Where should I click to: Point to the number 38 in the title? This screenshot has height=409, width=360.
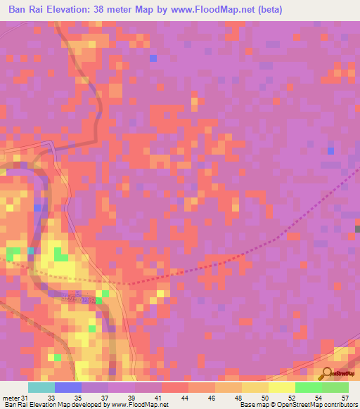coord(121,11)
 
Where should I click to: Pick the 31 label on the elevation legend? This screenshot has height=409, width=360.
coord(25,397)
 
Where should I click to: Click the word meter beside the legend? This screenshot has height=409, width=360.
coord(10,397)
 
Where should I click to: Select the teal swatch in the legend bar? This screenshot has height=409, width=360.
coord(41,387)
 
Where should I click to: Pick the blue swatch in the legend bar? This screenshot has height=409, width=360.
coord(68,387)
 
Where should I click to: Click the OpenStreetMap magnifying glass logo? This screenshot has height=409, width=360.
coord(326,372)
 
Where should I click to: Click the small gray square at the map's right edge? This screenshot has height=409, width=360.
coord(357,228)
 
